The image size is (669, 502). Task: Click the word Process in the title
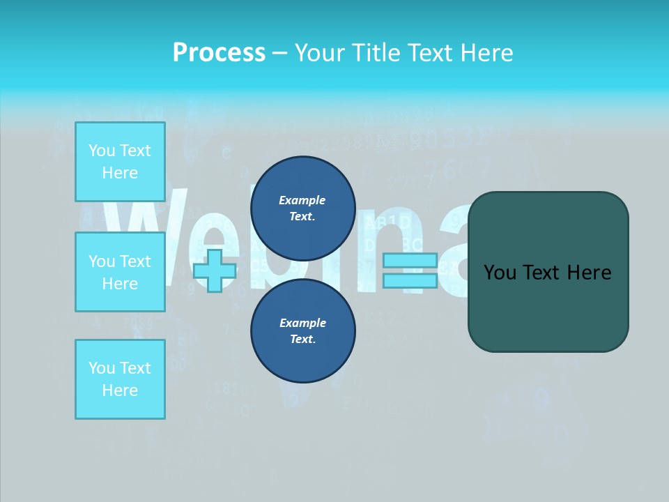(x=219, y=53)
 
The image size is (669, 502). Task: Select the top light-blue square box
(x=120, y=162)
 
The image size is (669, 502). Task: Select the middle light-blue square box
(x=120, y=272)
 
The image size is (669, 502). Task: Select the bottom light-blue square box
(x=120, y=379)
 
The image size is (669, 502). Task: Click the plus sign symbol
(x=215, y=271)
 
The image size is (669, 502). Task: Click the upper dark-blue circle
(x=303, y=208)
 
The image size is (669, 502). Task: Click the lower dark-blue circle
(x=303, y=331)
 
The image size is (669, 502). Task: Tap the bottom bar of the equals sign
(x=410, y=280)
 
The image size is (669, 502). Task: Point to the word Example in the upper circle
(x=302, y=200)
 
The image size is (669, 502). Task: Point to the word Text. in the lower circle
(x=302, y=340)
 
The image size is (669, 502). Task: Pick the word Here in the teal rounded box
(x=589, y=273)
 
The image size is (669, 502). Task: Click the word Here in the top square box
(x=120, y=173)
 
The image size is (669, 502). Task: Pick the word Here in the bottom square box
(x=120, y=390)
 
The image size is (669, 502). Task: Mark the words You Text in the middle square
(x=120, y=261)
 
